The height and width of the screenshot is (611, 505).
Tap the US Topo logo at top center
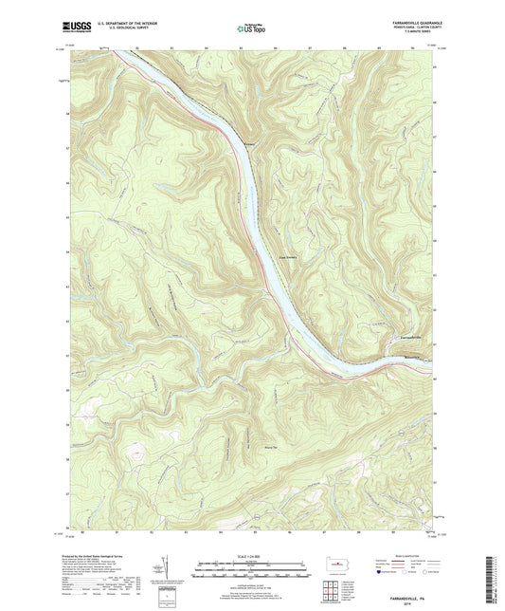(x=250, y=28)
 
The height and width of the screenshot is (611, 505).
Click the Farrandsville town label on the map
(x=405, y=339)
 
